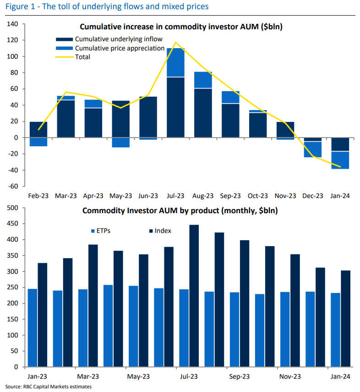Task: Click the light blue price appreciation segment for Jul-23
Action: [x=175, y=62]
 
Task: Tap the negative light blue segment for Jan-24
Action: [x=340, y=160]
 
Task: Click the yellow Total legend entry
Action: [x=82, y=57]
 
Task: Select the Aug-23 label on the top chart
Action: [x=203, y=196]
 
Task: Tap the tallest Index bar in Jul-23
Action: [x=194, y=296]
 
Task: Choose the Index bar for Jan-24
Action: [x=346, y=319]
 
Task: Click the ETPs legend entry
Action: [x=104, y=231]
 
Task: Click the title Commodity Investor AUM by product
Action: [x=180, y=211]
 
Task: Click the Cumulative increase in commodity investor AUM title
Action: [x=181, y=27]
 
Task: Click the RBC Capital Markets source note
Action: [x=49, y=387]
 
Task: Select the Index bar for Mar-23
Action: [x=93, y=305]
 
